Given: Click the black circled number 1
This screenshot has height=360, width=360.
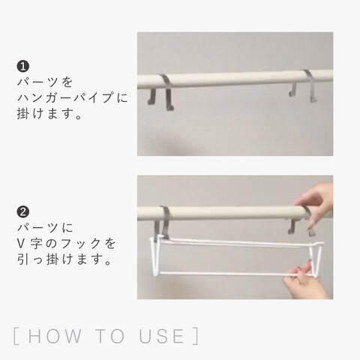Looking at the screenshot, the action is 23,67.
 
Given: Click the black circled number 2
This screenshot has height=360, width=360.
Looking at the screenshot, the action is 23,212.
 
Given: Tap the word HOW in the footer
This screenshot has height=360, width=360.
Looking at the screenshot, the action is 55,336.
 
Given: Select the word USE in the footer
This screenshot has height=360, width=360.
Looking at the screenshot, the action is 161,336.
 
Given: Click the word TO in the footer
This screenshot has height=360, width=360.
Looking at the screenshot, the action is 110,336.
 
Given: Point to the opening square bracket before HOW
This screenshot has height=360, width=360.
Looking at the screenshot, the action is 16,336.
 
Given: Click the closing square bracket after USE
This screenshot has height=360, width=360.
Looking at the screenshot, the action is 196,336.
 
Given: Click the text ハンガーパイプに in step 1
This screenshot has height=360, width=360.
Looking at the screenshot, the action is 73,97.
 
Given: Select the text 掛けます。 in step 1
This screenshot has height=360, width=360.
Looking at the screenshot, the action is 49,113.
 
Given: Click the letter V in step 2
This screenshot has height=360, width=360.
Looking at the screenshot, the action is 21,243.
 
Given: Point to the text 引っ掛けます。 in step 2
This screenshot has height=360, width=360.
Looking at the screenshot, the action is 64,259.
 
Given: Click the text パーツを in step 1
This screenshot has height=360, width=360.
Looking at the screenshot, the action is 45,82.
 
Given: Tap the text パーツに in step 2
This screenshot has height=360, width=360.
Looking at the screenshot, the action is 45,227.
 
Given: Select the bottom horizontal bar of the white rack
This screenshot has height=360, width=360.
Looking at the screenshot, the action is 234,274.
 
